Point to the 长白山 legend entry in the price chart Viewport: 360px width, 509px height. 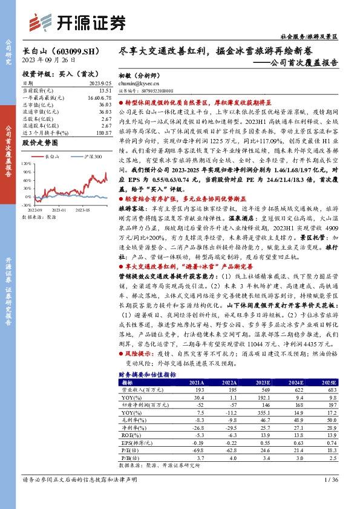(51, 156)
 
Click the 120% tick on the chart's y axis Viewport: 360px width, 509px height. (28, 162)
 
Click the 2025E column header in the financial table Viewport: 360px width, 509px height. (327, 383)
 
